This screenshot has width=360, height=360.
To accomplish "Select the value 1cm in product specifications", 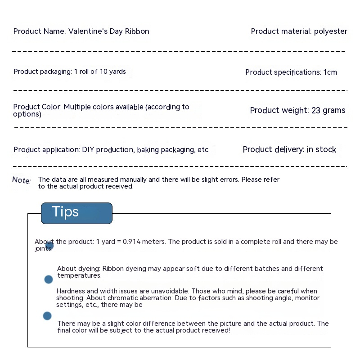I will [x=330, y=72].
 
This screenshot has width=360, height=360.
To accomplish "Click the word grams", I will [x=334, y=110].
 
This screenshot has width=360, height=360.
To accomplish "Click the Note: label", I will [x=21, y=180].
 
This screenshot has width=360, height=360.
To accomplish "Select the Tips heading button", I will [x=76, y=213].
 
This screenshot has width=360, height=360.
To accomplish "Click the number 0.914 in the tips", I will [x=131, y=242].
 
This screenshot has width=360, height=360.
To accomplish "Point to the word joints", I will [x=44, y=248].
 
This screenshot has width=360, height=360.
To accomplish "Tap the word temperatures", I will [x=79, y=275].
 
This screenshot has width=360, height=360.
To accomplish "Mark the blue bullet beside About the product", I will [x=49, y=246].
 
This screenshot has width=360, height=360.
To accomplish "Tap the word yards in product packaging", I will [x=117, y=72].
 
